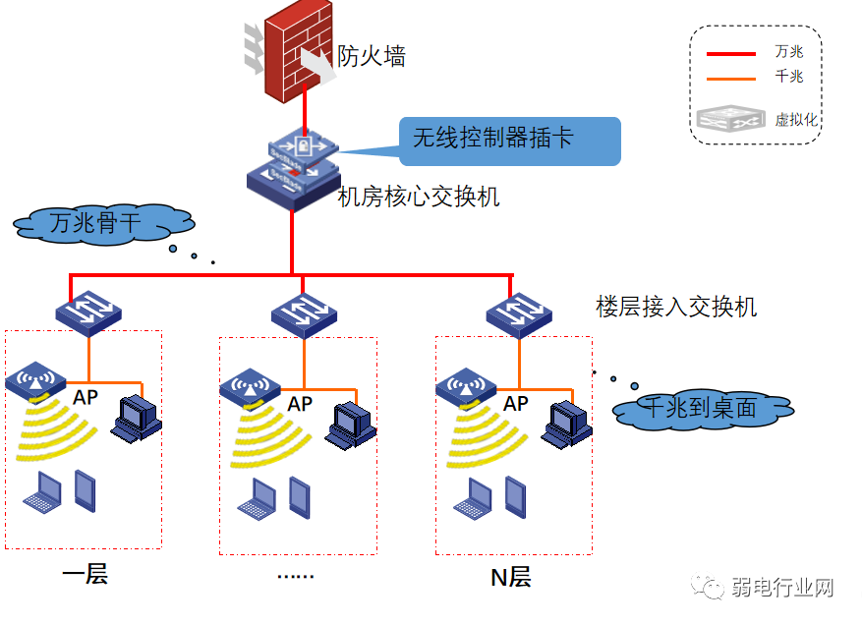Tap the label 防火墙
coord(372,57)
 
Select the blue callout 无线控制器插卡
coord(510,139)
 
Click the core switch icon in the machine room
coord(293,167)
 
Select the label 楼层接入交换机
coord(676,307)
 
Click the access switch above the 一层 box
coord(88,313)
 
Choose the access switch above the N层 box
coord(519,314)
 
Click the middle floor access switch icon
coord(304,314)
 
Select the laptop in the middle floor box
coord(257,498)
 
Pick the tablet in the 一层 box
coord(86,490)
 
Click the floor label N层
coord(510,577)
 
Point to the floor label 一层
coord(85,574)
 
